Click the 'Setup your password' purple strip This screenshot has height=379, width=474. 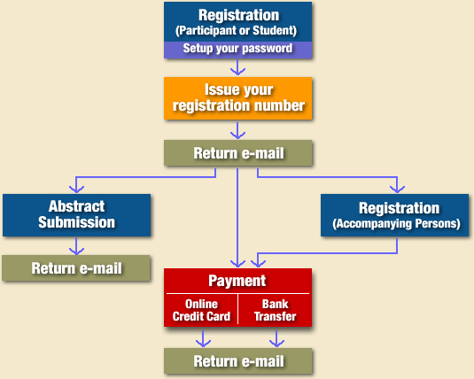point(238,50)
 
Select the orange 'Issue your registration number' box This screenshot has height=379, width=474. point(238,98)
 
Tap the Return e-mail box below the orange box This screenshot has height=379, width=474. point(238,153)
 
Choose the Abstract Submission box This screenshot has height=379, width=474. point(76,215)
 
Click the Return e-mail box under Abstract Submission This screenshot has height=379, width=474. point(76,268)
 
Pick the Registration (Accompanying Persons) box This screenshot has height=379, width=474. point(395,215)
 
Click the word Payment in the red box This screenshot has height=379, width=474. point(237,281)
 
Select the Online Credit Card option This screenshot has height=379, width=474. point(201,310)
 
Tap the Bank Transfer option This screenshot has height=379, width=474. point(275,310)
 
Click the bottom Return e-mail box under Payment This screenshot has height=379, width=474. point(238,361)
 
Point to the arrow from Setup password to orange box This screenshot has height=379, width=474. point(238,67)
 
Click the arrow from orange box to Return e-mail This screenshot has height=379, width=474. point(238,130)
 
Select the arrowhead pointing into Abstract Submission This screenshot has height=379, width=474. point(76,189)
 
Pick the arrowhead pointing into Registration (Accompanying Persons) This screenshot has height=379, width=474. point(397,189)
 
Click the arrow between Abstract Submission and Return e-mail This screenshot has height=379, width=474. point(76,246)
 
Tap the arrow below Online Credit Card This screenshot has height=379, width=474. point(203,339)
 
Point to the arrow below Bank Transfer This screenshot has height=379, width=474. point(276,339)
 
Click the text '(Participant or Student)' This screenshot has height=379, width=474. point(236,30)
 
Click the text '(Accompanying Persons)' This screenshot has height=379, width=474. point(396,224)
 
